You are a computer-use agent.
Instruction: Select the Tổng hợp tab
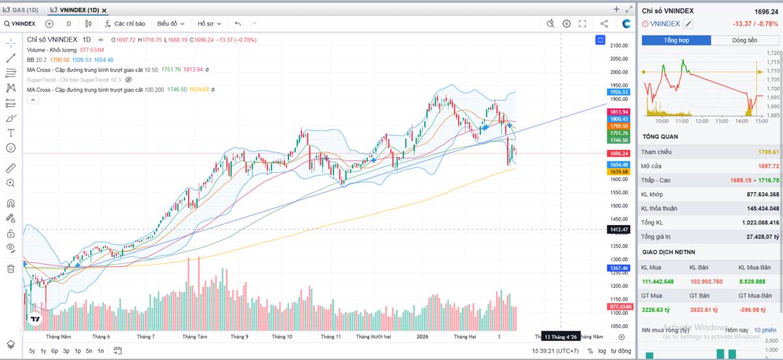676,40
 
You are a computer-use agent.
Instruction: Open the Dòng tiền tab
745,40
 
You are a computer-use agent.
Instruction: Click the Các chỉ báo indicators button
125,23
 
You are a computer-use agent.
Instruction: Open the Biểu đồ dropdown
170,23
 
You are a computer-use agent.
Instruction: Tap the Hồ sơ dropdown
209,23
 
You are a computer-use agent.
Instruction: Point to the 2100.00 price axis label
619,46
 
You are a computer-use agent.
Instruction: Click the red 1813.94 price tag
619,112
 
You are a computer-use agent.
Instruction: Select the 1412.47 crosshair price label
619,230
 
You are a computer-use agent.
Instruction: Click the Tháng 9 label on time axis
239,337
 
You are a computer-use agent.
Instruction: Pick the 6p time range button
55,351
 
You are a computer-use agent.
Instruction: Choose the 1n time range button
100,351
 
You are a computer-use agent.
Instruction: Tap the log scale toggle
602,351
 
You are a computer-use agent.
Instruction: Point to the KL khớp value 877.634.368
761,194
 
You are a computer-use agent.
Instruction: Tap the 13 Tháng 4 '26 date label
560,337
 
